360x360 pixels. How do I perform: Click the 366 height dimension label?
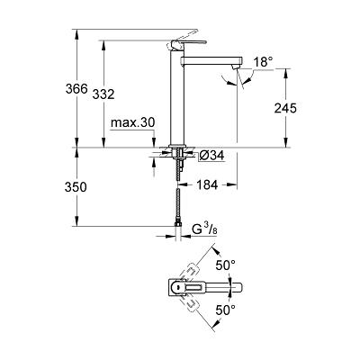click(76, 89)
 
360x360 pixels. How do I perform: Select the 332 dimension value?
click(103, 94)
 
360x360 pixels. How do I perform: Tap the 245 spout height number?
click(285, 108)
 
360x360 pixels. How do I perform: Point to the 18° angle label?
click(264, 62)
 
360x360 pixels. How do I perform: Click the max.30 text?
click(132, 122)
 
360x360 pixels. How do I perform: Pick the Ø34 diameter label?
click(211, 155)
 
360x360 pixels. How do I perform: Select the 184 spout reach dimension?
click(207, 185)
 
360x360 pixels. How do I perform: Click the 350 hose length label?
click(76, 187)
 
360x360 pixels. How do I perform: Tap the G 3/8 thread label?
click(205, 229)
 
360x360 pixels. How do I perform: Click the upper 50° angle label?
click(225, 265)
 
